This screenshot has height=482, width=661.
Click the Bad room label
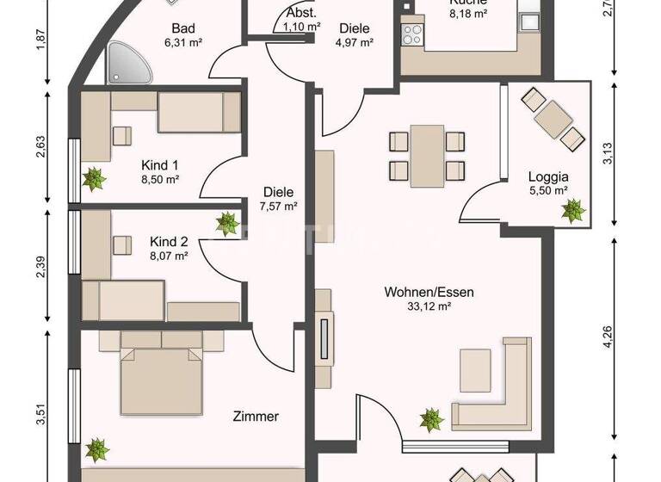pos(182,28)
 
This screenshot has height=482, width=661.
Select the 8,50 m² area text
pos(159,180)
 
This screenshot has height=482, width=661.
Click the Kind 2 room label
pos(169,241)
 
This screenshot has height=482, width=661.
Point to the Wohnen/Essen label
pos(429,292)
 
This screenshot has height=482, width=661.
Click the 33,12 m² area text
pos(429,306)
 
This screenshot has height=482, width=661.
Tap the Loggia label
pos(547,177)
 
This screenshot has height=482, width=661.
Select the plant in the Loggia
pos(572,209)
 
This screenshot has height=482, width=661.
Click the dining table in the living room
pos(427,155)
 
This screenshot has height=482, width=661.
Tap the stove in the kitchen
pos(412,34)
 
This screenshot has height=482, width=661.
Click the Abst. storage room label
pos(301,15)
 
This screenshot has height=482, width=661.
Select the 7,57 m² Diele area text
pos(279,206)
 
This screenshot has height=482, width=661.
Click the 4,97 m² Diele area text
pos(354,41)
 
